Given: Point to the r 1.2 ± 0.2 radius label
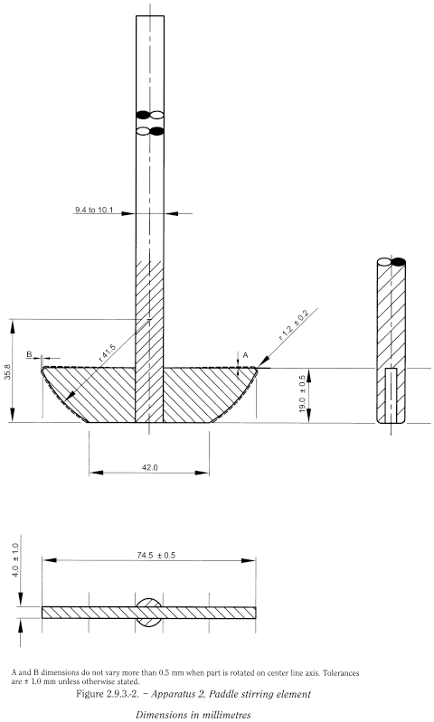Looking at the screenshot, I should coord(294,324).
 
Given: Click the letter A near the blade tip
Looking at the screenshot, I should coord(236,354).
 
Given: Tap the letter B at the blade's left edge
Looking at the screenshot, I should coord(30,355).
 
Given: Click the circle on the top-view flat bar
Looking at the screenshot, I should coord(150,612).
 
